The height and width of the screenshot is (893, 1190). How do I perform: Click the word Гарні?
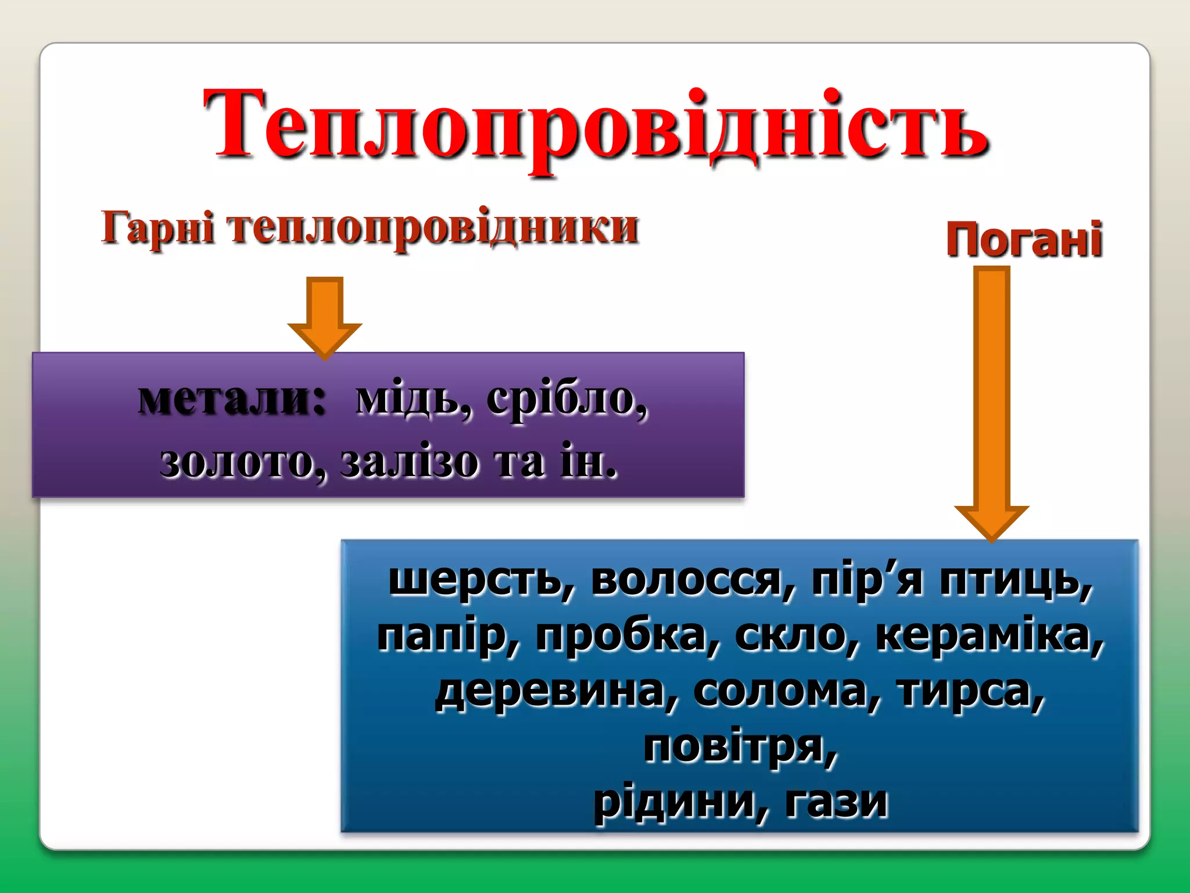[x=158, y=227]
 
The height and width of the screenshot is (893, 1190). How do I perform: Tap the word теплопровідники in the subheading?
[x=433, y=227]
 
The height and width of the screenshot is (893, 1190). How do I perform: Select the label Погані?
[x=1024, y=239]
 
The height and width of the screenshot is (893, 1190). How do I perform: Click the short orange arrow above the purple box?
[x=325, y=314]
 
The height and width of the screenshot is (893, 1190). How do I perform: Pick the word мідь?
[x=413, y=400]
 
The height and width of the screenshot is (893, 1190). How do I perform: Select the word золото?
[x=241, y=463]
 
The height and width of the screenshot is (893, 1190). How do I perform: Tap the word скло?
[x=796, y=635]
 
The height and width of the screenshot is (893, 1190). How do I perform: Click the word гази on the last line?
[x=837, y=802]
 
